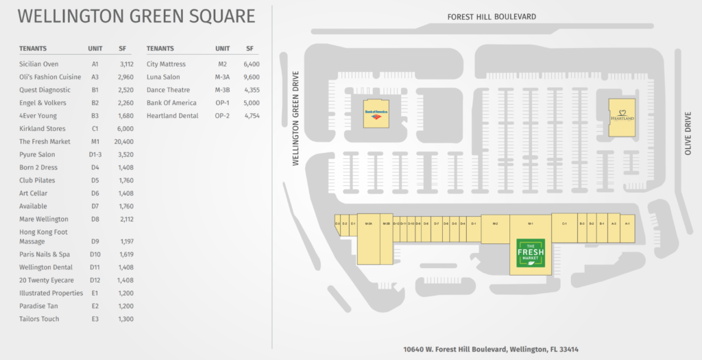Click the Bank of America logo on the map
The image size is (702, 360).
(376, 113)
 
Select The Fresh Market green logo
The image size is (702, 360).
(530, 256)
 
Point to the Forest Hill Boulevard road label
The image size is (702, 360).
(491, 16)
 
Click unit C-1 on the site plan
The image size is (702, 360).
(564, 224)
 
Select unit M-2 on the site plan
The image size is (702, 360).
(495, 224)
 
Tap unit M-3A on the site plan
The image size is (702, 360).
(368, 224)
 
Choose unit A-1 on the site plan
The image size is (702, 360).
(627, 224)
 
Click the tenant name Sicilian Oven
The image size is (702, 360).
(39, 64)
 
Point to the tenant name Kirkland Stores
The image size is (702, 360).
(43, 128)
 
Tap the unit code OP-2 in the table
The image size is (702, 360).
(221, 116)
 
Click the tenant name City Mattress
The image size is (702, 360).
(166, 64)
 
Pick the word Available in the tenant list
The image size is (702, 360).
(33, 206)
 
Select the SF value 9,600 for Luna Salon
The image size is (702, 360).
(250, 77)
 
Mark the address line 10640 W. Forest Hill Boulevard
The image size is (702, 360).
(491, 348)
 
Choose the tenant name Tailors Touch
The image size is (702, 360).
(39, 319)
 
